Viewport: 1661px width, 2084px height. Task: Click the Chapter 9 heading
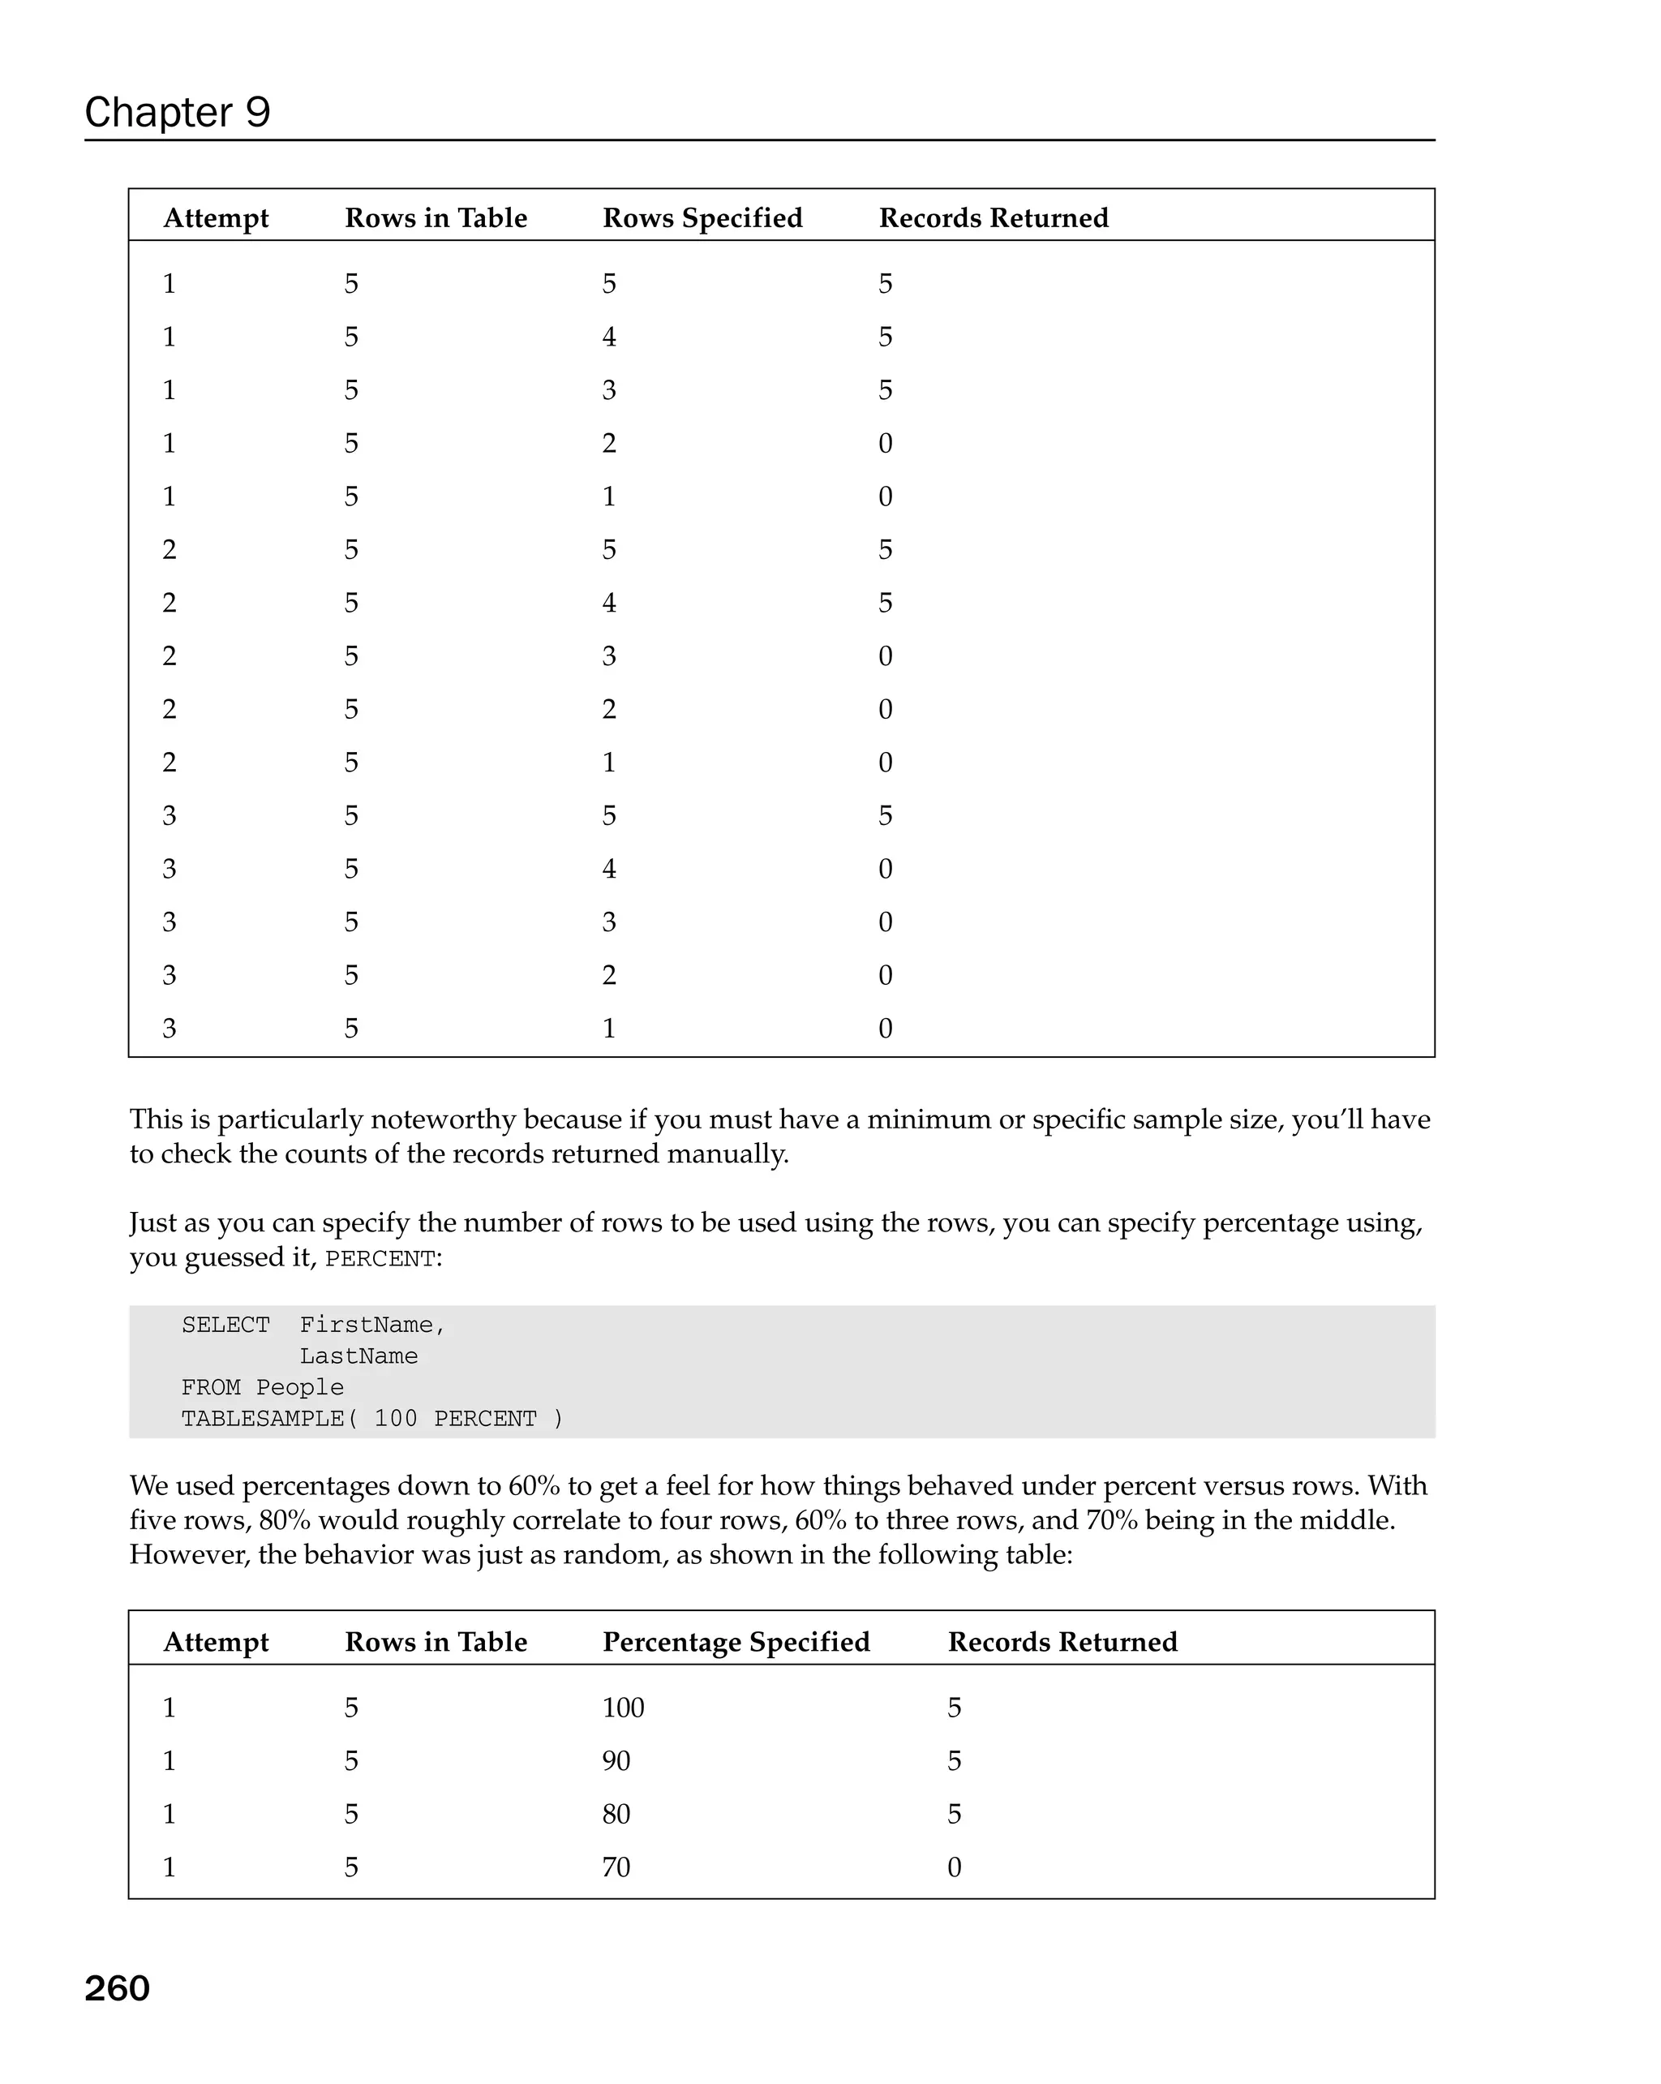[x=177, y=112]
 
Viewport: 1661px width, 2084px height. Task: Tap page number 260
[x=117, y=1988]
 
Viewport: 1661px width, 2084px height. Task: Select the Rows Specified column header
[x=702, y=217]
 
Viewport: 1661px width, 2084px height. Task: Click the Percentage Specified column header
[x=736, y=1641]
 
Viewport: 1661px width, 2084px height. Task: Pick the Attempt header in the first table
[x=216, y=217]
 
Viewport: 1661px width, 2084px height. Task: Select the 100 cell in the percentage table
[x=622, y=1708]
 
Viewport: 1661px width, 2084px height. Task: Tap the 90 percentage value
[x=616, y=1761]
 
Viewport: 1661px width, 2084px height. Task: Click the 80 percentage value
[x=616, y=1815]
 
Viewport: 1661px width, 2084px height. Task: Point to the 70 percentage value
[x=616, y=1867]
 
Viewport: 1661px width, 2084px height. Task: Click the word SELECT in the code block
[x=225, y=1326]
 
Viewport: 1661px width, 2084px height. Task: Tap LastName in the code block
[x=358, y=1356]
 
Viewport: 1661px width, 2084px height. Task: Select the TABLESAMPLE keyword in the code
[x=263, y=1419]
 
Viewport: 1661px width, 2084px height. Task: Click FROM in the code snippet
[x=211, y=1388]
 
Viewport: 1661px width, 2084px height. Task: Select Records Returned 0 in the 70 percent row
[x=954, y=1867]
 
